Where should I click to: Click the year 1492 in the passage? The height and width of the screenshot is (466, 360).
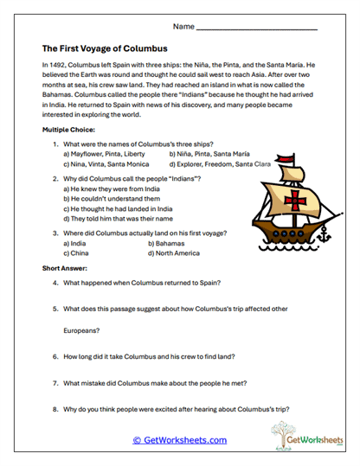tap(57, 65)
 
